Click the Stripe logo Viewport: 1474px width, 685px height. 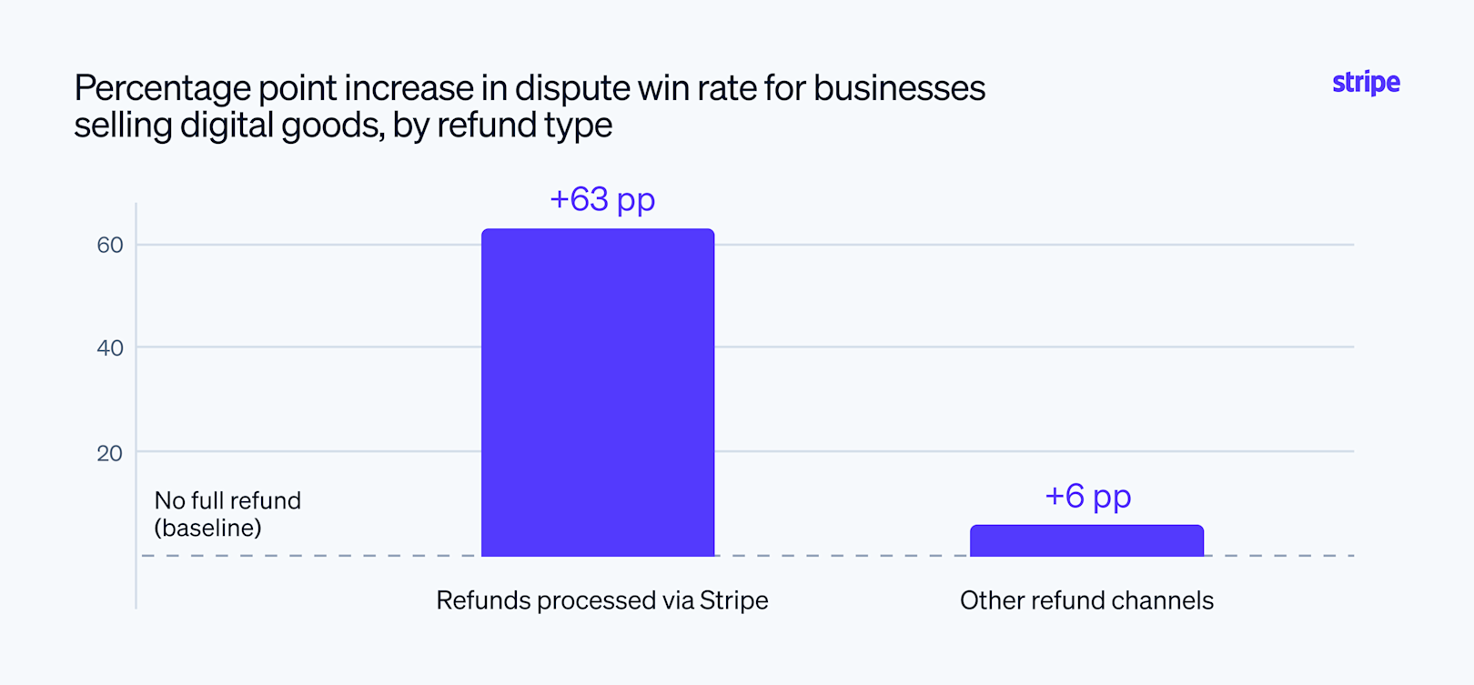[x=1366, y=83]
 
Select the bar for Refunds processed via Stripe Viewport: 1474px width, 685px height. [x=598, y=392]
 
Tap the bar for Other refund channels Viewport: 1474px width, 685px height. [x=1086, y=540]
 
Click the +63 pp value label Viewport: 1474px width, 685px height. [x=602, y=200]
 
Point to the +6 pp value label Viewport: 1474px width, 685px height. [x=1088, y=497]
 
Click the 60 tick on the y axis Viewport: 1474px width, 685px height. [x=110, y=245]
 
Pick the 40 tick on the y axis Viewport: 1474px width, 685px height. [x=110, y=348]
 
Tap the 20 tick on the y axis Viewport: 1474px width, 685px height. [x=110, y=453]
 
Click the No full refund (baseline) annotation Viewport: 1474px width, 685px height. [x=227, y=514]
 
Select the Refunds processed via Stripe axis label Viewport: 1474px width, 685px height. [x=602, y=600]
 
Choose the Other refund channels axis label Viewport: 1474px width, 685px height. [x=1086, y=600]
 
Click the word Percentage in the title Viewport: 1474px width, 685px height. [x=163, y=89]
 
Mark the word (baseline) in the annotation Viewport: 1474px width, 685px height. [x=208, y=528]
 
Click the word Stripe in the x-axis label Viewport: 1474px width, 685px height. [x=733, y=600]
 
